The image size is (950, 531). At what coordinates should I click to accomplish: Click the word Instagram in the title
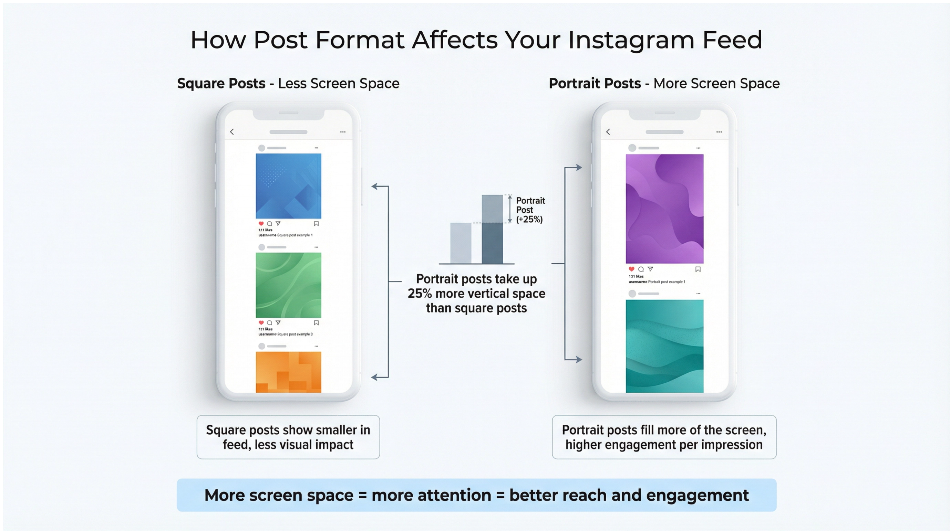(x=631, y=40)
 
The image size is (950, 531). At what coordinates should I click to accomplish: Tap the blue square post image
(x=288, y=186)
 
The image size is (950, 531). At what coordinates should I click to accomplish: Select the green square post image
(x=288, y=285)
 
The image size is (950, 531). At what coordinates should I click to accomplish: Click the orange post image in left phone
(x=288, y=372)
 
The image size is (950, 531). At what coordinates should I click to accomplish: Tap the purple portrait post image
(x=664, y=209)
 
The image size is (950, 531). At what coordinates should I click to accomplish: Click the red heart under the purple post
(x=631, y=269)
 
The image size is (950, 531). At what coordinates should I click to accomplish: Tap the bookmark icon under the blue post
(x=316, y=224)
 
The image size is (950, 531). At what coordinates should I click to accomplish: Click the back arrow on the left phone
(x=232, y=132)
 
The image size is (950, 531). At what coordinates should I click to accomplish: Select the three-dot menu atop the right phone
(x=719, y=132)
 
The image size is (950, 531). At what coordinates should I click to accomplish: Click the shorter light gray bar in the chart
(x=460, y=243)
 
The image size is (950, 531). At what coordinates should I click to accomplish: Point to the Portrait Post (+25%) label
(x=530, y=210)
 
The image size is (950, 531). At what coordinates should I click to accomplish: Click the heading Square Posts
(x=221, y=84)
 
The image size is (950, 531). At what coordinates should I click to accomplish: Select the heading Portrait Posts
(x=595, y=84)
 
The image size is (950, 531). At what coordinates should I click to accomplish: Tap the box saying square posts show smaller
(x=288, y=437)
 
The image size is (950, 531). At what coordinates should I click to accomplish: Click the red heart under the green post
(x=261, y=323)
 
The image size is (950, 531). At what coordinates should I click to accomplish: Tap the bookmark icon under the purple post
(x=698, y=269)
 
